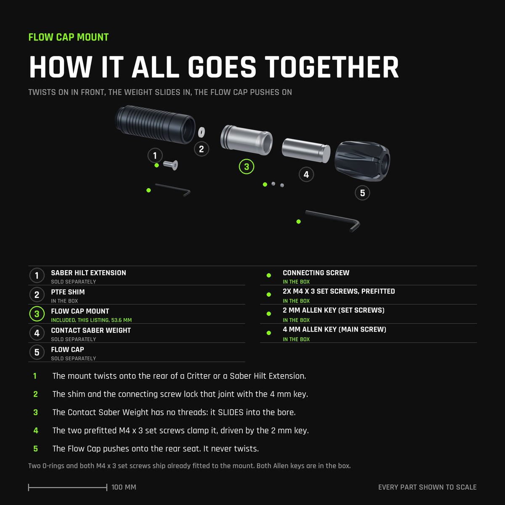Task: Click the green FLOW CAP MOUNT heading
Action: [x=69, y=37]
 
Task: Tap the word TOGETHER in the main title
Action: [x=332, y=67]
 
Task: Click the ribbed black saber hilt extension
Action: [x=155, y=125]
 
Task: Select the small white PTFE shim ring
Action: [x=201, y=132]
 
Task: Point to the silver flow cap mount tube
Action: [x=246, y=140]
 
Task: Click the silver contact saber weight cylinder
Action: [x=306, y=150]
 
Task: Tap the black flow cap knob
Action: [x=362, y=161]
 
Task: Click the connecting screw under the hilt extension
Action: [x=170, y=165]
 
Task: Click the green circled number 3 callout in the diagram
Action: [x=246, y=166]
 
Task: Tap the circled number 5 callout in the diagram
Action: [x=362, y=193]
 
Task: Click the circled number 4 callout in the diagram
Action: [x=306, y=174]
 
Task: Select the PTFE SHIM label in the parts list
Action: [x=68, y=292]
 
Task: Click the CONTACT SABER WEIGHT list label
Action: [x=90, y=330]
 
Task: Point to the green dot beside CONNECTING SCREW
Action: [x=268, y=275]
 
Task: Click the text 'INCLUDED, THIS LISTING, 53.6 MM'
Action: [x=91, y=320]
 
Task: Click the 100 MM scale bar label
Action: [x=124, y=487]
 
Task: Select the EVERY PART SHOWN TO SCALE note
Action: [x=427, y=487]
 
